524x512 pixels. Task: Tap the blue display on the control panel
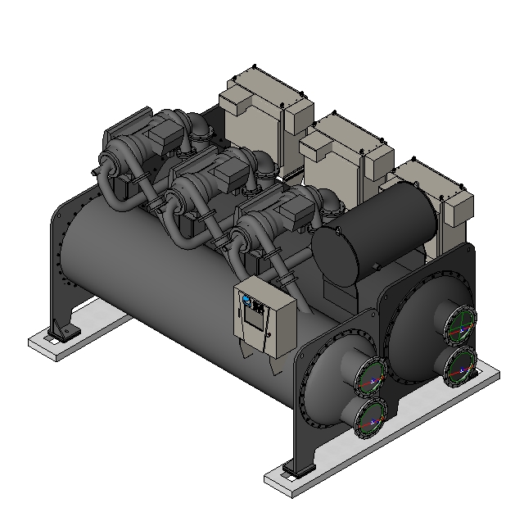(x=245, y=301)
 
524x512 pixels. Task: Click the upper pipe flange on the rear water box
(x=459, y=325)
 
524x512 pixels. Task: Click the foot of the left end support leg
(x=61, y=333)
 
